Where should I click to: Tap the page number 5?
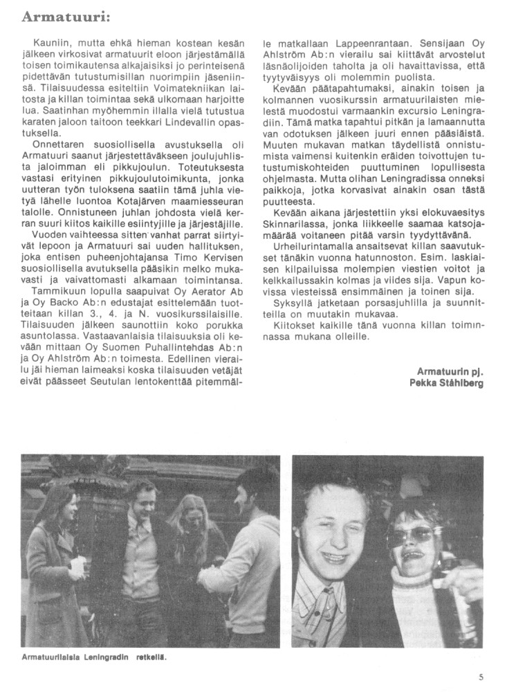point(481,680)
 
